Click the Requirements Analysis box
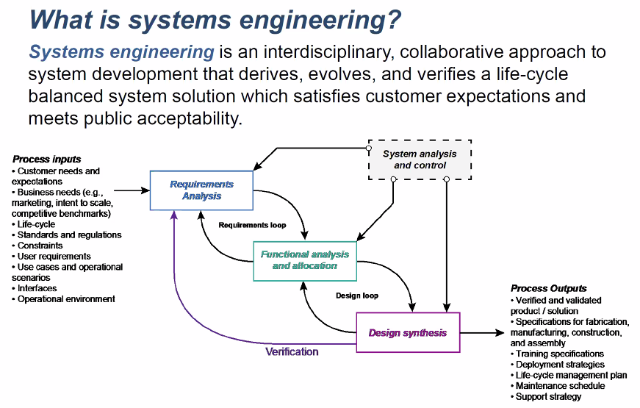coord(201,190)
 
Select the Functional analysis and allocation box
coord(305,261)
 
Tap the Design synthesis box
coord(408,332)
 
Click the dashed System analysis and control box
coord(420,160)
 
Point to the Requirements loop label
coord(252,225)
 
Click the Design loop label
coord(357,296)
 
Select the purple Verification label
coord(292,351)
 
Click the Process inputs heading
coord(46,159)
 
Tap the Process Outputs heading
coord(549,288)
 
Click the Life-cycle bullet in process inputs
coord(34,224)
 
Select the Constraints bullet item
coord(37,246)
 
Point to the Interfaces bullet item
coord(35,288)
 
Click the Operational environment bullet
coord(63,299)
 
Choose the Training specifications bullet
coord(557,354)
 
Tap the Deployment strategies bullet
coord(558,365)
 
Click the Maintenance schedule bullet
coord(558,386)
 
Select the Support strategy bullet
coord(546,396)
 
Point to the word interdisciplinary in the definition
coord(329,52)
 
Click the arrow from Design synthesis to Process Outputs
coord(483,333)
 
